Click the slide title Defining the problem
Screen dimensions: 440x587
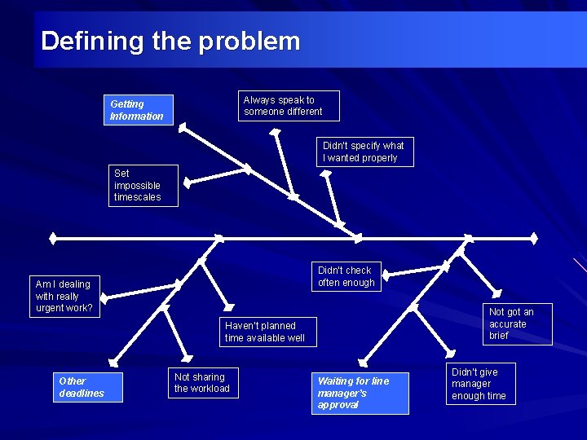click(x=170, y=41)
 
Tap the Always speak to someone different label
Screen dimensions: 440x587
click(x=289, y=106)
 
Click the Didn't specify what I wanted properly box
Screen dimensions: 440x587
click(x=364, y=152)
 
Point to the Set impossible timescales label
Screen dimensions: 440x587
click(x=143, y=186)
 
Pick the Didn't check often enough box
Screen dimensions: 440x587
click(x=346, y=277)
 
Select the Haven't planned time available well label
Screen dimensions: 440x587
click(x=265, y=332)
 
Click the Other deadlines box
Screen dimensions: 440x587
click(x=82, y=387)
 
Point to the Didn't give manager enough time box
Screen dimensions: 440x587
click(x=480, y=384)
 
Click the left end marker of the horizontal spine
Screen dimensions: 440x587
click(x=52, y=239)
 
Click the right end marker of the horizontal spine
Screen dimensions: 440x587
click(x=534, y=239)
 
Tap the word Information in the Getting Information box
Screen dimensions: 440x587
click(x=137, y=117)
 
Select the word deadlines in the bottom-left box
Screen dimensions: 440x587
click(x=82, y=394)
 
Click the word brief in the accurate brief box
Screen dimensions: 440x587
click(x=499, y=336)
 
